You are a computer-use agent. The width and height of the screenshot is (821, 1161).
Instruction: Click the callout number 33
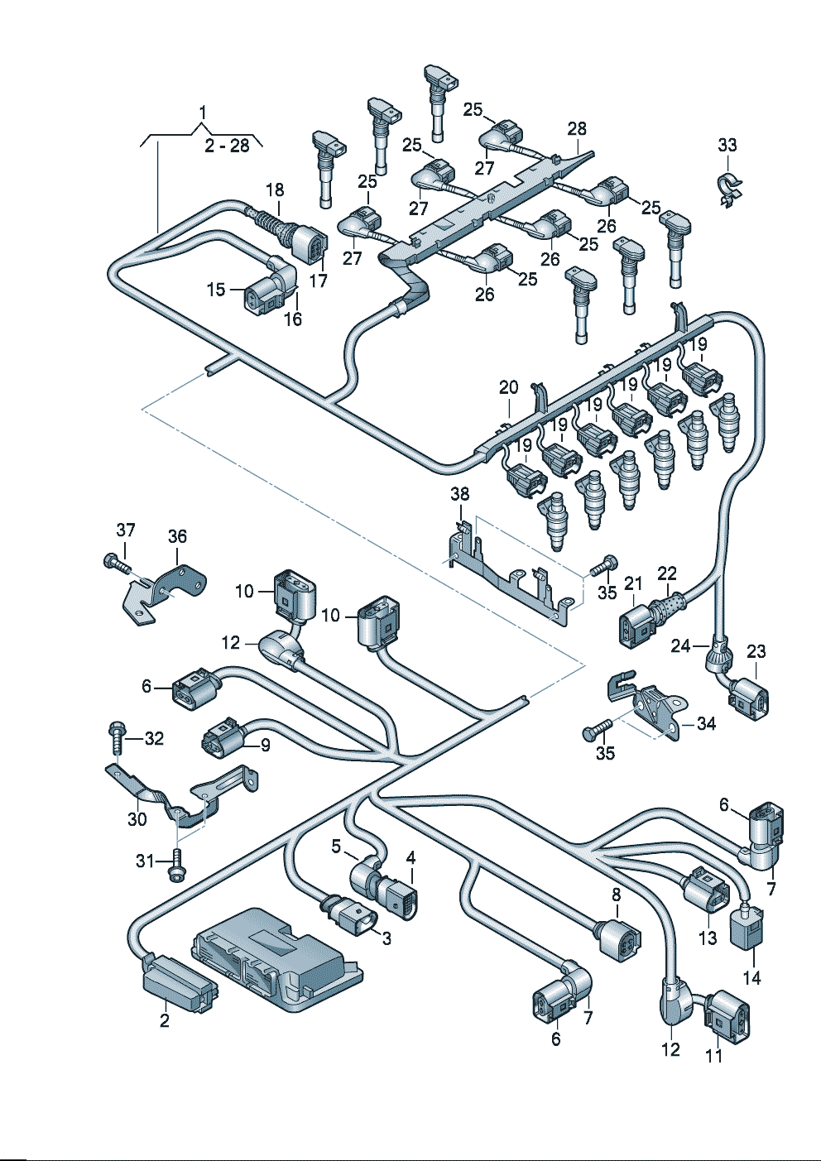(x=727, y=145)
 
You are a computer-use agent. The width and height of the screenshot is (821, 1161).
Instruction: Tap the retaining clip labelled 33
(x=728, y=189)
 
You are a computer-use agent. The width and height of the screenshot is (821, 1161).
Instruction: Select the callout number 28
(x=577, y=128)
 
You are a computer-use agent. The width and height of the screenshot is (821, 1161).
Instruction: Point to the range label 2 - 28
(x=228, y=146)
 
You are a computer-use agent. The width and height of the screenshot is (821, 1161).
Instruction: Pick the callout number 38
(x=459, y=494)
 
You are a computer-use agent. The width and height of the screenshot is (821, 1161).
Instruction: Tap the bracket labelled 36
(x=166, y=588)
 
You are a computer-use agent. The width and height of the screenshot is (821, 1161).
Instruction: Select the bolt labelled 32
(x=117, y=734)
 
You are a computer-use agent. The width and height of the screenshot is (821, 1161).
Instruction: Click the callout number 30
(x=137, y=819)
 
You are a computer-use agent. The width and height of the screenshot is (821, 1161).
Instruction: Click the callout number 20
(x=509, y=387)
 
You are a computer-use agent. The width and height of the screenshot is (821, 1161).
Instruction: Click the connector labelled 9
(x=222, y=739)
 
